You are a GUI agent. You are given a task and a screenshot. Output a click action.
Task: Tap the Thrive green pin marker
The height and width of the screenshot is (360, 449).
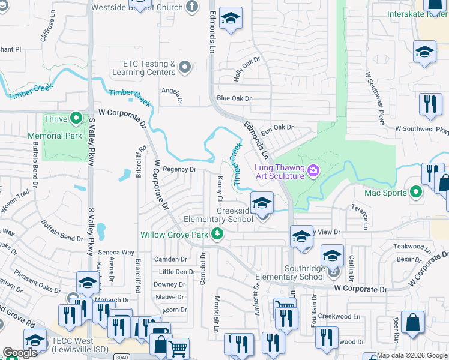(x=76, y=118)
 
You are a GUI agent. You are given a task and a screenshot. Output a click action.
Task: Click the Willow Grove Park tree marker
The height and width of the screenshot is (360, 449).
(x=220, y=234)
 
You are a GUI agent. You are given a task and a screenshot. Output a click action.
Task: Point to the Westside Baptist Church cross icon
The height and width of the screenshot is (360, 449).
(x=192, y=8)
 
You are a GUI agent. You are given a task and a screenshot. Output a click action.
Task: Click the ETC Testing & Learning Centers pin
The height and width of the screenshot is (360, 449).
(x=185, y=68)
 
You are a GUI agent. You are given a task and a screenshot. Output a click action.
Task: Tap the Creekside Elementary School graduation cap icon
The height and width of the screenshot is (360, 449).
(x=262, y=203)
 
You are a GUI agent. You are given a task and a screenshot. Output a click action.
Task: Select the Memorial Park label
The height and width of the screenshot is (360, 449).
(x=63, y=136)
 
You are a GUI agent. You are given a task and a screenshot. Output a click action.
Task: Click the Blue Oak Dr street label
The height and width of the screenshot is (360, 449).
(x=234, y=98)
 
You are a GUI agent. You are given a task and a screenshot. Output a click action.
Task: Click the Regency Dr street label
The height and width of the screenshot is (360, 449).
(x=179, y=170)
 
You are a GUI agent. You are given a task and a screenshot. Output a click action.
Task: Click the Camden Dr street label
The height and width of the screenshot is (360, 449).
(x=171, y=259)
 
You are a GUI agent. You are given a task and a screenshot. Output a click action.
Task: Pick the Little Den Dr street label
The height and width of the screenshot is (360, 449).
(x=177, y=272)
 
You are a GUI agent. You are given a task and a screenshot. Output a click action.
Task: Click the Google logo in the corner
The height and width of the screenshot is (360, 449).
(x=20, y=353)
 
